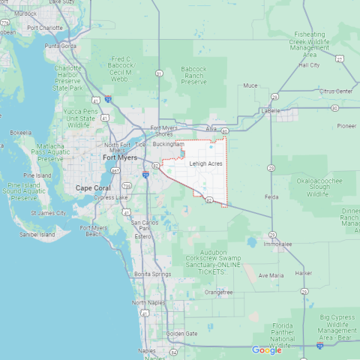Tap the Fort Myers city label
coord(120,157)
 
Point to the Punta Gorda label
coord(61,46)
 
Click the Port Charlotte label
coord(45,28)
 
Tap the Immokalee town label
coord(277,244)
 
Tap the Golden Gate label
coord(181,333)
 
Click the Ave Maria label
coord(271,275)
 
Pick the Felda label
coord(271,196)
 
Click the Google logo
coord(267,350)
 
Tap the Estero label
coord(142,236)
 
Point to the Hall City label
coord(309,65)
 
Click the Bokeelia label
coord(21,132)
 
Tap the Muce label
coord(250,85)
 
